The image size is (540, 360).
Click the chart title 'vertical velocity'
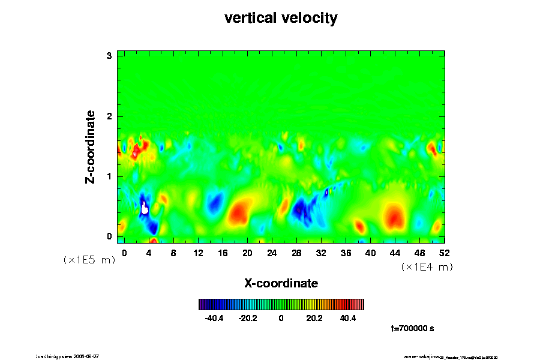(281, 19)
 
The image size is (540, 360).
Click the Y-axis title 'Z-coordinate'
(91, 146)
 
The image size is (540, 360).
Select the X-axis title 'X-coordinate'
(281, 283)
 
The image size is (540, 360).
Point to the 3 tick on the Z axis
(110, 56)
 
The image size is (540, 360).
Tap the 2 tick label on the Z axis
(110, 116)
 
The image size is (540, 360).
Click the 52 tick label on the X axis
(445, 253)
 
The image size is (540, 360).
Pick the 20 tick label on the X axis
(247, 253)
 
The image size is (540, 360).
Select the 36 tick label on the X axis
(346, 253)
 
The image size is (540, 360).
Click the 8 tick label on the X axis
(173, 253)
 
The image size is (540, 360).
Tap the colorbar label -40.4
(214, 318)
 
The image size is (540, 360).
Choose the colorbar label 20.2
(314, 318)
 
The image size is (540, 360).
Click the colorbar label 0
(281, 318)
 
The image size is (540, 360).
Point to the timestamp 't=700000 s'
(412, 328)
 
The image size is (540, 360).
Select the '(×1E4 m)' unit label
(427, 267)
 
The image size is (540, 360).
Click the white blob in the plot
(145, 209)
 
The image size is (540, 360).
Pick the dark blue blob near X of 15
(214, 204)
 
